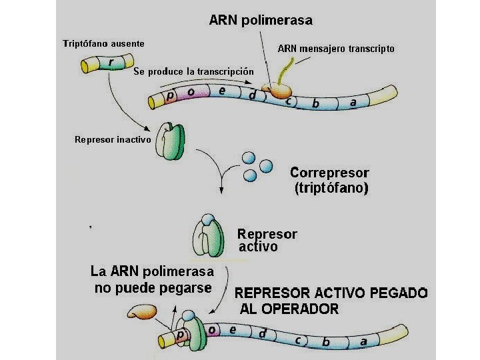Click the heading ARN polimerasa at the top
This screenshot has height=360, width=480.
(261, 20)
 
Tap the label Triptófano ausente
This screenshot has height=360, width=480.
(103, 43)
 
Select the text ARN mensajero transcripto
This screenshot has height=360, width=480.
(336, 49)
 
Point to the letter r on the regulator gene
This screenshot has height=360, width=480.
(111, 62)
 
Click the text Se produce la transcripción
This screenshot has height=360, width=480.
(194, 71)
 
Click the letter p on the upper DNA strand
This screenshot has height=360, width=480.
(171, 96)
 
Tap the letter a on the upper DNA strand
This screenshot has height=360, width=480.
(353, 103)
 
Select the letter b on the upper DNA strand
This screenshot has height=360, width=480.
(315, 104)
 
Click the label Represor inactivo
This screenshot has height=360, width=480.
(113, 140)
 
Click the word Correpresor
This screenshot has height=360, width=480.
(329, 173)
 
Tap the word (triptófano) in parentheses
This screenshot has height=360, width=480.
(331, 189)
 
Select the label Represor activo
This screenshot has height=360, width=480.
(267, 240)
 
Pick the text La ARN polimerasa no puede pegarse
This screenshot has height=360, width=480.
(152, 280)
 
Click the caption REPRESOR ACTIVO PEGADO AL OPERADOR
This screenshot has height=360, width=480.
(331, 301)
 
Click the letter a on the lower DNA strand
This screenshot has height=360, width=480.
(363, 341)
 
